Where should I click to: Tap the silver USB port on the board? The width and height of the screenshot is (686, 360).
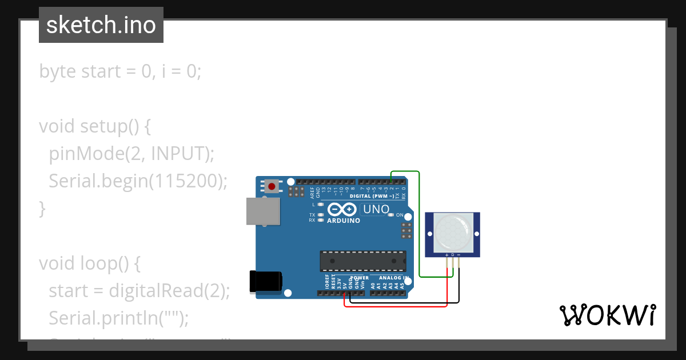click(263, 211)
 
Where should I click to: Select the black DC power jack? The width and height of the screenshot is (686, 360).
click(266, 282)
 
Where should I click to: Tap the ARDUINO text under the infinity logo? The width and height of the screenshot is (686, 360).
click(344, 221)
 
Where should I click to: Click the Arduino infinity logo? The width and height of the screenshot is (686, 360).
click(343, 210)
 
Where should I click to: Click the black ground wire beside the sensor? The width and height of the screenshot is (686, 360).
click(458, 286)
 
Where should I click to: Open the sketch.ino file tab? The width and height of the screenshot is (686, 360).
click(101, 25)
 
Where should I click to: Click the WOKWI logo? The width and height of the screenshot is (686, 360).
click(607, 315)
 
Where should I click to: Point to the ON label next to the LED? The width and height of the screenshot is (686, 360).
click(400, 215)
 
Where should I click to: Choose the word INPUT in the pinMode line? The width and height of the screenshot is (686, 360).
click(177, 154)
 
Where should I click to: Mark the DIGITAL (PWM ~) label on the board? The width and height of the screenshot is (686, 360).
click(374, 195)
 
